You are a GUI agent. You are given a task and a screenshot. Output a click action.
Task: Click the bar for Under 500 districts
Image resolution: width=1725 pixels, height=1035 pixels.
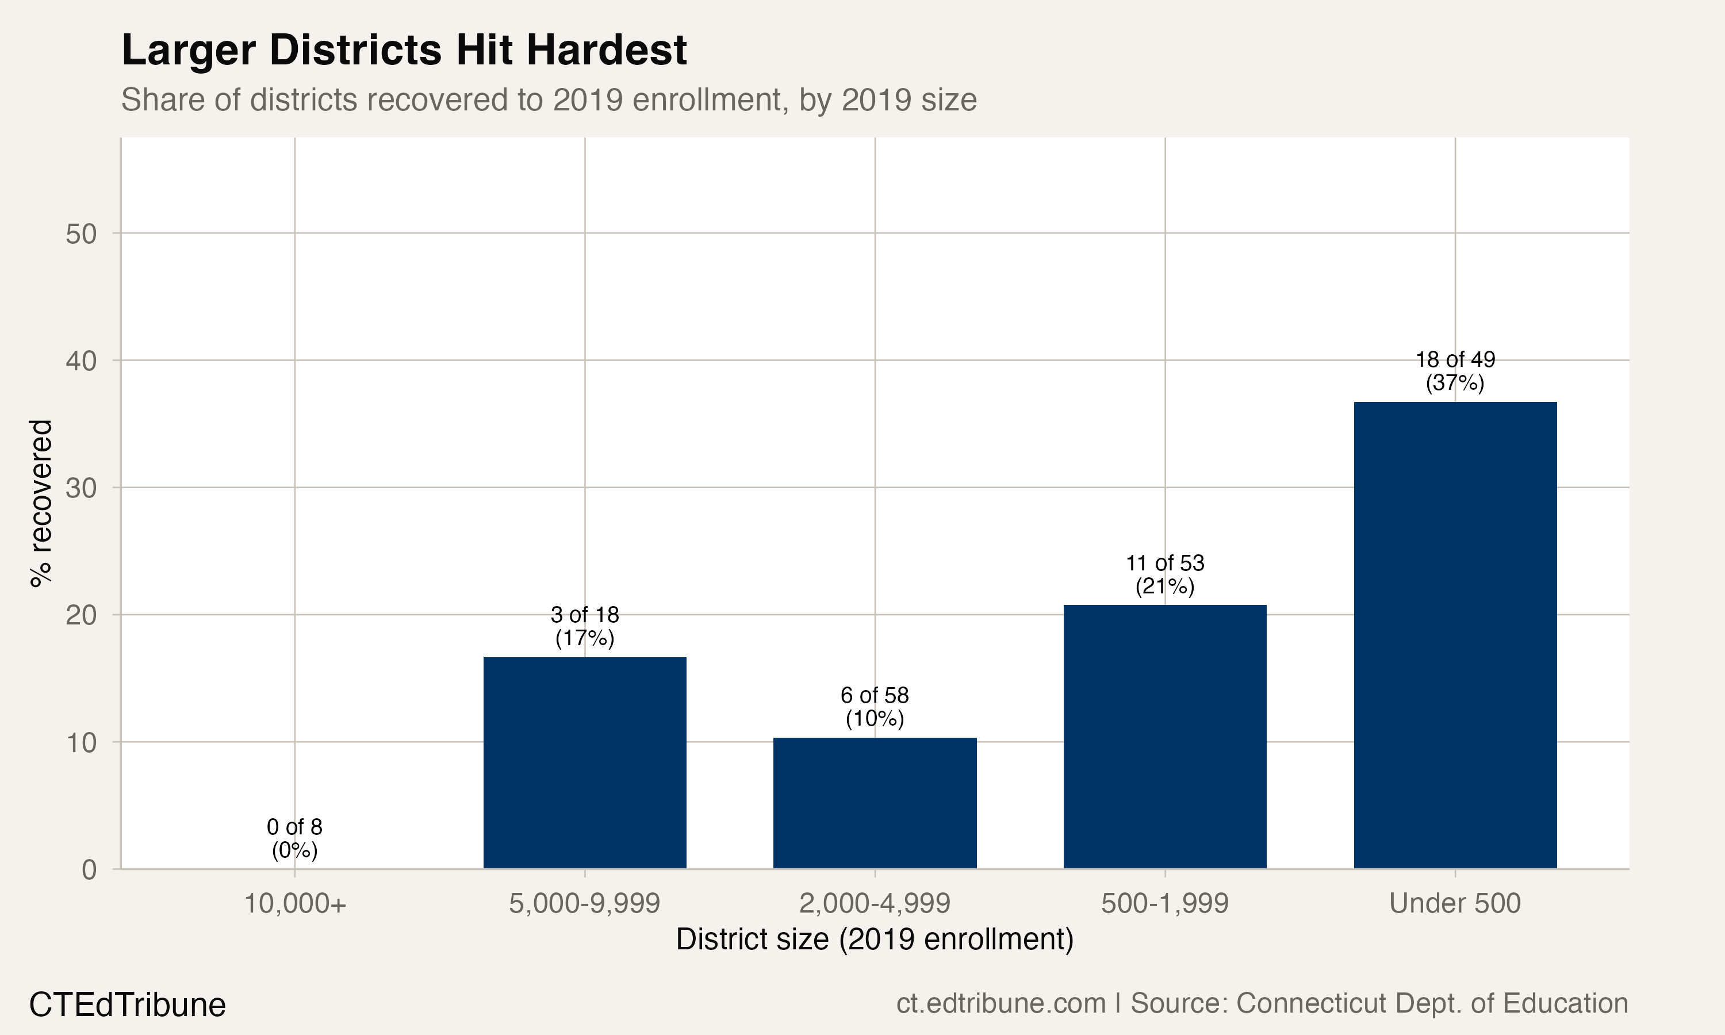pos(1455,635)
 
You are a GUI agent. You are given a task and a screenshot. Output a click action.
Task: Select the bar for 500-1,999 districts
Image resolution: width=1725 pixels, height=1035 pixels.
pos(1164,737)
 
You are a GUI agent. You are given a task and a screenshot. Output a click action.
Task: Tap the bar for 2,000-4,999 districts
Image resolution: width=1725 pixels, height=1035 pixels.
pos(875,803)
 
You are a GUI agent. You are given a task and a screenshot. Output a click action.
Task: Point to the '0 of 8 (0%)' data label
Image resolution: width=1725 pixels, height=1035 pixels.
pos(294,838)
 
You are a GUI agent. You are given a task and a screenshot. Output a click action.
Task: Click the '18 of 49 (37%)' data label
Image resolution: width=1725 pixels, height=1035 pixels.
pos(1455,371)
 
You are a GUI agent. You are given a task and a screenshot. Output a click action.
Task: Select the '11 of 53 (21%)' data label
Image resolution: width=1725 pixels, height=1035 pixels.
pos(1164,574)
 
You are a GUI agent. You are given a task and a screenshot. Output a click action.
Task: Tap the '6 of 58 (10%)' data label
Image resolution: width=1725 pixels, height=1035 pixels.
pos(875,707)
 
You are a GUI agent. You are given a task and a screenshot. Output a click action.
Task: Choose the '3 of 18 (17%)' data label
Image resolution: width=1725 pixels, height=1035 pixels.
pos(584,626)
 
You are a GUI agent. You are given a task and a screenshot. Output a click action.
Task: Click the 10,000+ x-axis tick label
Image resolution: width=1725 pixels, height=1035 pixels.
pos(294,903)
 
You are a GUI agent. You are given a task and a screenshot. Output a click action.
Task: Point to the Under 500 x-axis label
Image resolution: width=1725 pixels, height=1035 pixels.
pos(1455,903)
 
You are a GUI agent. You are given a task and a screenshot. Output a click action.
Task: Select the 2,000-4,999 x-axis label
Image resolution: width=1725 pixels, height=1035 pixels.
pos(875,903)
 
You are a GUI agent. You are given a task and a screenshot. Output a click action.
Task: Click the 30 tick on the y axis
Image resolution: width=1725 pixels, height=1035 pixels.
pos(82,488)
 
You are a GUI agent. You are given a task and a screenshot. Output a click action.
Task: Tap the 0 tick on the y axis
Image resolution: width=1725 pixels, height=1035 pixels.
pos(89,870)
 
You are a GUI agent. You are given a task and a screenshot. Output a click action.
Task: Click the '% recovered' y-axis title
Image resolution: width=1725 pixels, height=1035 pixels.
pos(40,503)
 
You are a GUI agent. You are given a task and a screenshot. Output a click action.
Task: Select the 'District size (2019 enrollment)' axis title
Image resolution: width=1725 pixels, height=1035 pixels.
pos(875,940)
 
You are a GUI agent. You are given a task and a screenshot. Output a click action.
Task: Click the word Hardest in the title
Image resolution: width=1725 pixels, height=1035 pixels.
pos(606,50)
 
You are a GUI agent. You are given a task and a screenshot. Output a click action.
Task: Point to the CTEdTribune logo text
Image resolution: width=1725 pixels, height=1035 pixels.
pos(128,1005)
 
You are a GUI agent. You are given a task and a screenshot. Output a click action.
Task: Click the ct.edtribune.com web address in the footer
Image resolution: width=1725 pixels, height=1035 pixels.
pos(1000,1003)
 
